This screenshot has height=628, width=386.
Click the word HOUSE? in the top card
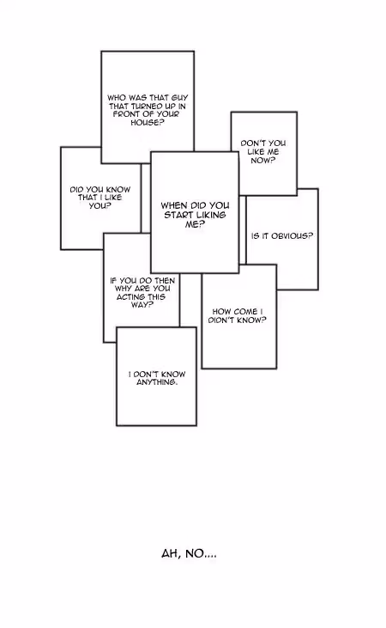pos(148,123)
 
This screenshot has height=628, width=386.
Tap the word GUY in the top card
pos(179,98)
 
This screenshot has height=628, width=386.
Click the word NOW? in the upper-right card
pos(263,160)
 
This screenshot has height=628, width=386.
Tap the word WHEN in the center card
pos(174,205)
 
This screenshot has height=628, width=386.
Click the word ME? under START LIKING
pos(195,225)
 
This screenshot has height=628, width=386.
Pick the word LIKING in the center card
pos(211,215)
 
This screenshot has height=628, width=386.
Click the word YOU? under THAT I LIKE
pos(100,206)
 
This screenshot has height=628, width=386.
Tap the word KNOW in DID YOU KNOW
pos(118,190)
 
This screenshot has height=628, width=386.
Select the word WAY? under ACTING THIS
pos(142,305)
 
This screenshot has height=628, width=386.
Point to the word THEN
pos(165,281)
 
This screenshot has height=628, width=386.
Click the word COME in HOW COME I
pos(245,312)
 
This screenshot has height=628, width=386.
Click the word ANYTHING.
pos(157,382)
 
